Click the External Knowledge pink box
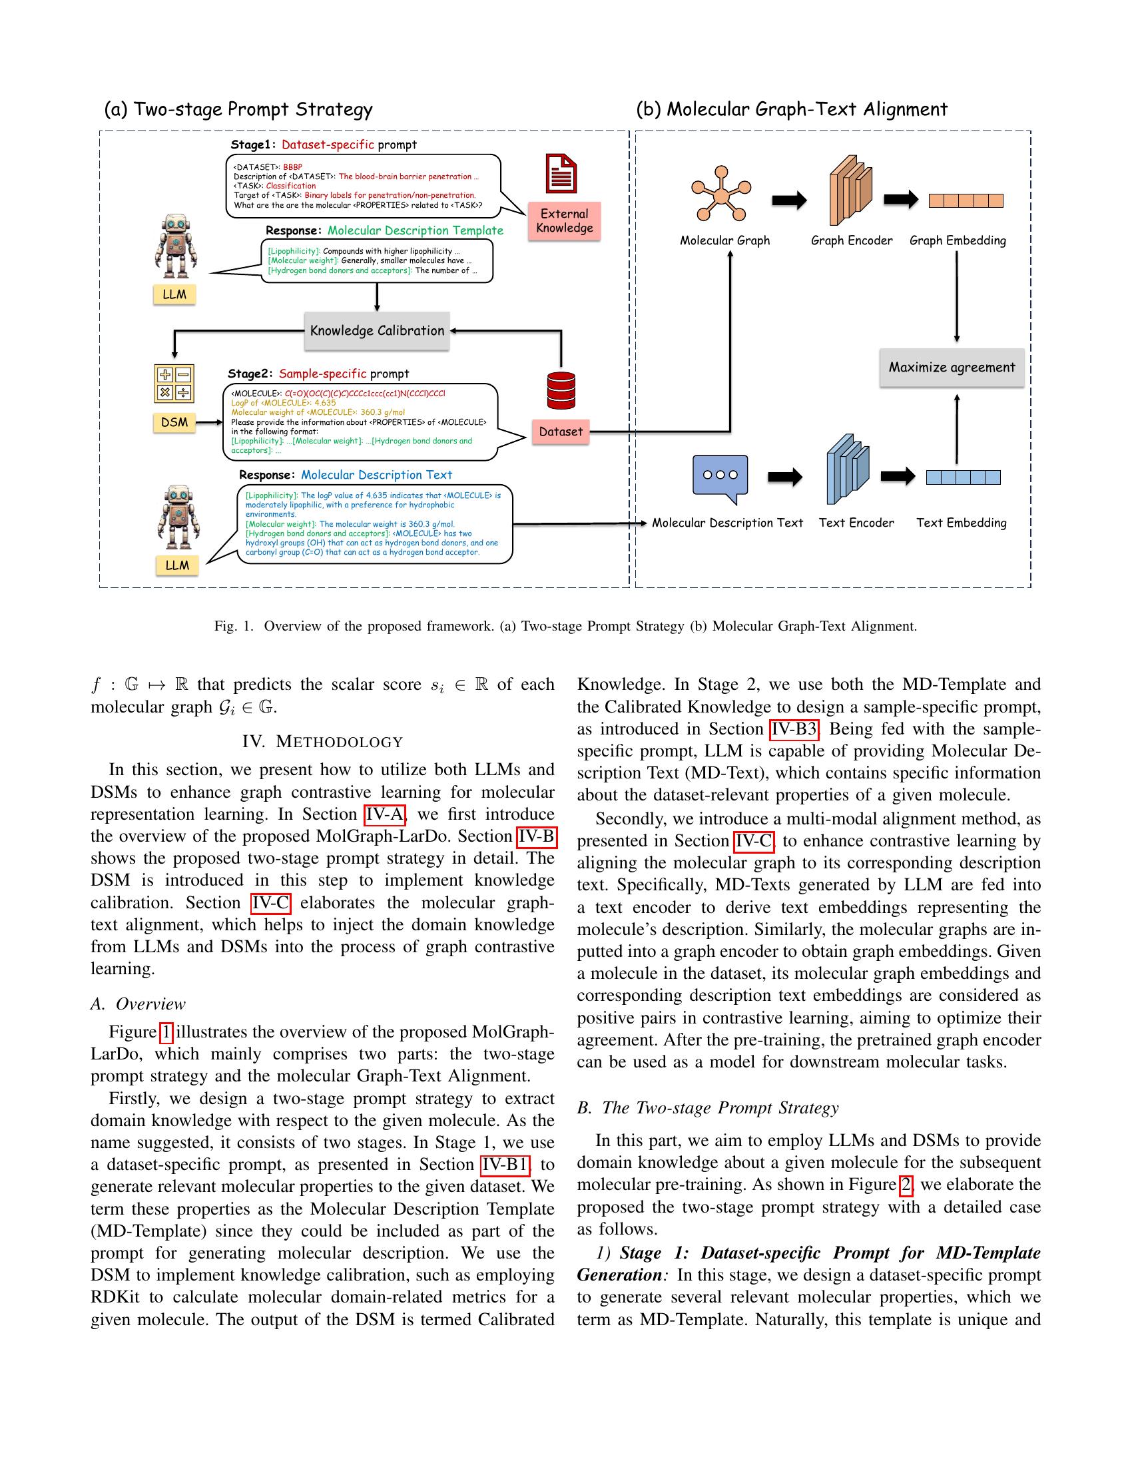[564, 220]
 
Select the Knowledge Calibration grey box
[376, 331]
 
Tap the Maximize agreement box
[952, 368]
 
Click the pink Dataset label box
[561, 432]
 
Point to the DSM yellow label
[174, 422]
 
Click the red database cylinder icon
[561, 390]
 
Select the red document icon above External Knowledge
[561, 173]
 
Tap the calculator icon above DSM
[174, 384]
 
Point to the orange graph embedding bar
[966, 200]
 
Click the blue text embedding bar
[963, 477]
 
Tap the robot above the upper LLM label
[176, 246]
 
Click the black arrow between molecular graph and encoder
[789, 200]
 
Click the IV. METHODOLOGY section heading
[322, 742]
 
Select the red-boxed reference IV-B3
[794, 729]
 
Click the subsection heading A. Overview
[138, 1004]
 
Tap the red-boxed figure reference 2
[906, 1185]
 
